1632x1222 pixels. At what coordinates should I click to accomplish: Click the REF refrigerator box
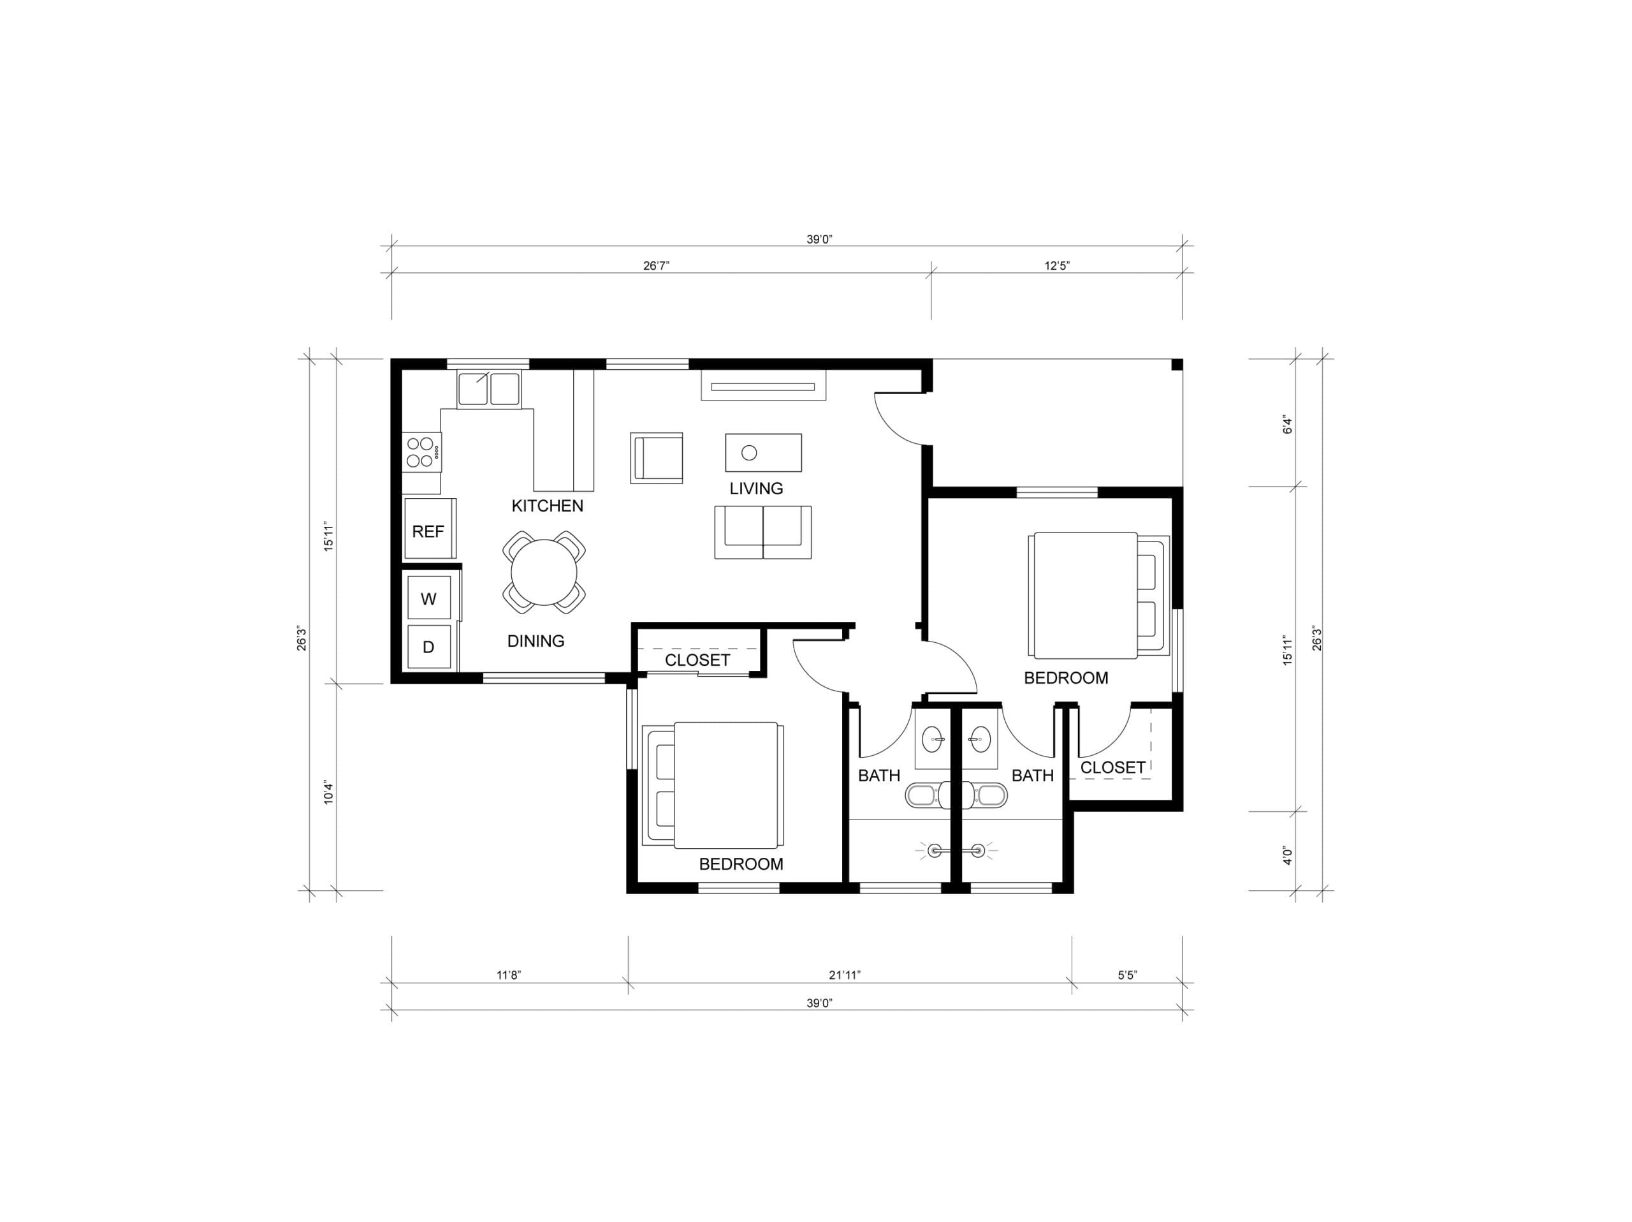point(430,528)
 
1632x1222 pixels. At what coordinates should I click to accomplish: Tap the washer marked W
point(428,598)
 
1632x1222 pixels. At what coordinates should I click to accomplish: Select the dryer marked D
point(428,647)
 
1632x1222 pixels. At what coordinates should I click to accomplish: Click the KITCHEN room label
point(548,506)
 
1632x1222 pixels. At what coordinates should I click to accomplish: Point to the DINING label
point(535,640)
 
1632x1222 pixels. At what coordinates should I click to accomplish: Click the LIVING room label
point(756,488)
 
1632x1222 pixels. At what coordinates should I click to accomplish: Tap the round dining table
point(544,572)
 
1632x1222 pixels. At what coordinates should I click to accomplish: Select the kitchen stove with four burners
point(422,452)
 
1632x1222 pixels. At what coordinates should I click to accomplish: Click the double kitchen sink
point(488,389)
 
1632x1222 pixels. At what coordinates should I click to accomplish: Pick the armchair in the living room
point(656,457)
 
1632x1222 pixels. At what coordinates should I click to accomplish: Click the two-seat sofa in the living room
point(763,531)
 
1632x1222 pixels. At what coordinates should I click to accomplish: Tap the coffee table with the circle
point(763,452)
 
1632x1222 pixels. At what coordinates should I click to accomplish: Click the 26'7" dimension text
point(656,266)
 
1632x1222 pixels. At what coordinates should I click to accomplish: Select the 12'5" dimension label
point(1056,266)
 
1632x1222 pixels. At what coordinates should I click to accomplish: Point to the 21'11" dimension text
point(845,975)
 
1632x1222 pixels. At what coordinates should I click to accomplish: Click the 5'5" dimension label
point(1127,975)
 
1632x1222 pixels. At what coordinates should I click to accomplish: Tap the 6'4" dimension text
point(1288,424)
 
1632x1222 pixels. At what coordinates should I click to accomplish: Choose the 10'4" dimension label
point(329,793)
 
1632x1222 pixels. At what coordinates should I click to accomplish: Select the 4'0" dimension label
point(1288,855)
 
